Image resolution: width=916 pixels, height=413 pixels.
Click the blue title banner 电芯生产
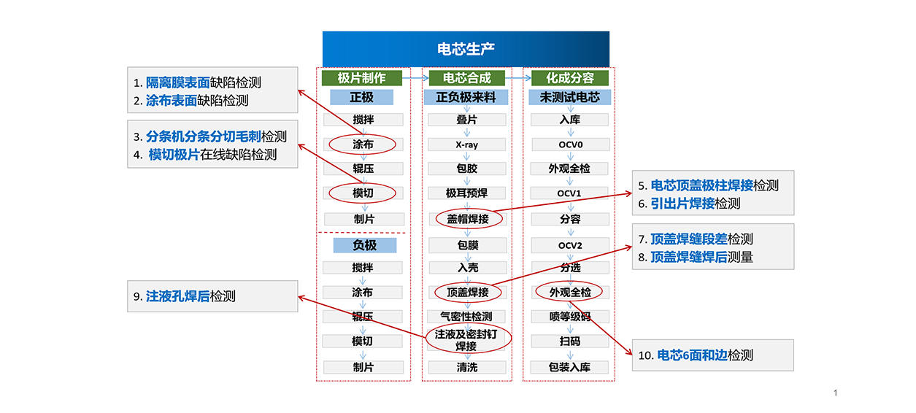(x=466, y=49)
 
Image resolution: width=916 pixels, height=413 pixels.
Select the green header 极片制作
(x=362, y=78)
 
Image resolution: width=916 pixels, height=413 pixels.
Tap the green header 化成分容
(x=570, y=78)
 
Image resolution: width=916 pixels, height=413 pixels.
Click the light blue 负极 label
(x=364, y=245)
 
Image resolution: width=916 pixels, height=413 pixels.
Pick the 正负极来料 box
(x=466, y=97)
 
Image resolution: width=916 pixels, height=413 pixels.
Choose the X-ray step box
(x=466, y=144)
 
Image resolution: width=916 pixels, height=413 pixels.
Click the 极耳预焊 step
(x=466, y=193)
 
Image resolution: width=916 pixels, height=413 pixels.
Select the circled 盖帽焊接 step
(x=468, y=218)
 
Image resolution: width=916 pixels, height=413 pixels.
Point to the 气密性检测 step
(x=466, y=317)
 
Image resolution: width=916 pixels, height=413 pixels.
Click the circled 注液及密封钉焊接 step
(x=467, y=339)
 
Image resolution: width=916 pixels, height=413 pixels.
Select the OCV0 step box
(x=570, y=144)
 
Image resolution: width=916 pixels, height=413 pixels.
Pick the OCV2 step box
(x=570, y=245)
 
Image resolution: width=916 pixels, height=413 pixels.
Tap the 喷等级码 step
(x=570, y=317)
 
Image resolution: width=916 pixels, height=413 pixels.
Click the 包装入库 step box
(x=570, y=367)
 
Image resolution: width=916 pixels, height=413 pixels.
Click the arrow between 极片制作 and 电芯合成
(x=414, y=77)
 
